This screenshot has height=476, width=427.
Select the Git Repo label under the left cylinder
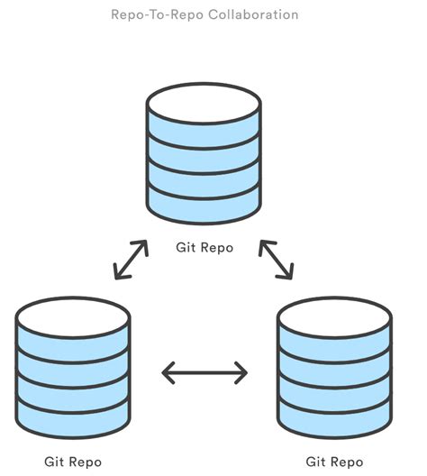tap(73, 461)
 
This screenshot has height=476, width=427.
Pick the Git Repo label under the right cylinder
tap(334, 461)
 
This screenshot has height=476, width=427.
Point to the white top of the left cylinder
tap(73, 315)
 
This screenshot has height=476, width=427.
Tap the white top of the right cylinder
tap(334, 315)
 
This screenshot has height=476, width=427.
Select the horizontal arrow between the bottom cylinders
tap(204, 371)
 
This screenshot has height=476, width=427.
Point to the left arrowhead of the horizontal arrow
tap(166, 371)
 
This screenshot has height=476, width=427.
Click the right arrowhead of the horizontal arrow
tap(242, 371)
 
